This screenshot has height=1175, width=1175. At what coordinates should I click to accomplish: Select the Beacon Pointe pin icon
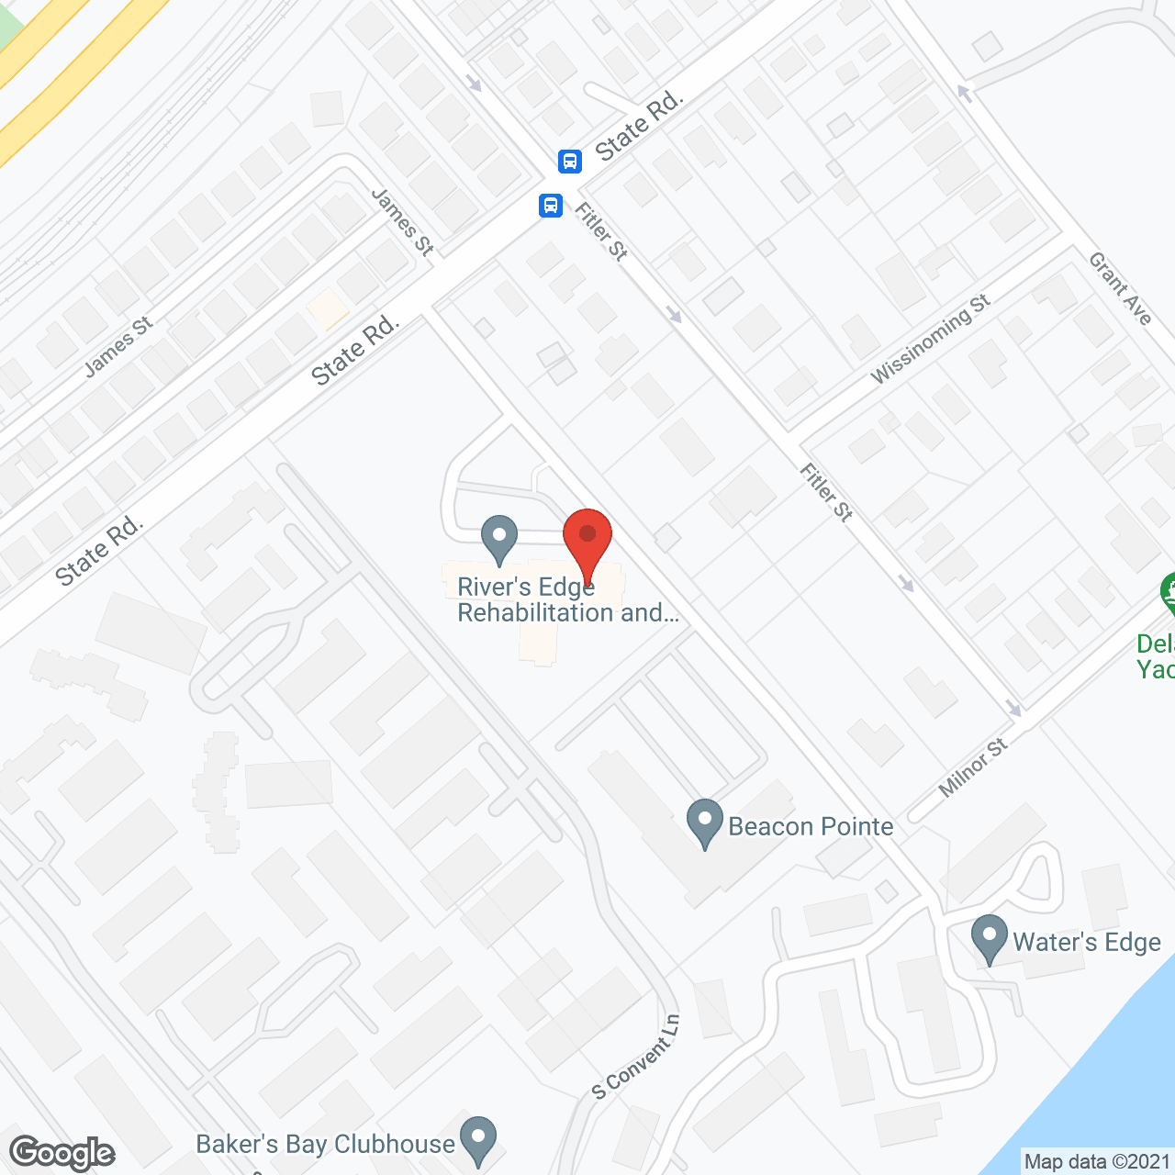tap(705, 821)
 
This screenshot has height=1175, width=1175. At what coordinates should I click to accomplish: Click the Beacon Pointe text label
tap(811, 826)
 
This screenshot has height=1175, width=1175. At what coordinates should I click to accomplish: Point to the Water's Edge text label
tap(1087, 942)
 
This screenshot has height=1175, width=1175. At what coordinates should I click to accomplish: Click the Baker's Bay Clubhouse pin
tap(477, 1138)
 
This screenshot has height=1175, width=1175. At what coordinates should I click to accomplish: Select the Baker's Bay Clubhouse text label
tap(326, 1144)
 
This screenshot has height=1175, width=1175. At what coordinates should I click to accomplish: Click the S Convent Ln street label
tap(636, 1057)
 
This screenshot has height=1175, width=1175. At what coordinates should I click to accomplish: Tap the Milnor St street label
tap(973, 767)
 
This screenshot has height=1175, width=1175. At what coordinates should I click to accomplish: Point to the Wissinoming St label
tap(930, 339)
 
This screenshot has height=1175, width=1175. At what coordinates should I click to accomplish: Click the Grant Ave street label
tap(1120, 288)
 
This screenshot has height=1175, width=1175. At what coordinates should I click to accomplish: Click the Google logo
tap(62, 1153)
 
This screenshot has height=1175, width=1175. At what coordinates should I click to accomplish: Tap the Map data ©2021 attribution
tap(1097, 1161)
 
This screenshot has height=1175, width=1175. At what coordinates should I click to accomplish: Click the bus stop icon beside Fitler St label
tap(551, 205)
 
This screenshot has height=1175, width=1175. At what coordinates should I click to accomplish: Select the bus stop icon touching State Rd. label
tap(570, 162)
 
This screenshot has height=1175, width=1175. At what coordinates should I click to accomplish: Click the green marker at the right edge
tap(1168, 593)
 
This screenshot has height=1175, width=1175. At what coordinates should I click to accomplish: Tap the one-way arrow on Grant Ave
tap(964, 92)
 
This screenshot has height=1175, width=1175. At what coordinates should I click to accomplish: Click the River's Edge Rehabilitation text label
tap(568, 599)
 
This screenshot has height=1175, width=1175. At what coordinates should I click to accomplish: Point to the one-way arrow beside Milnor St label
tap(1013, 708)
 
